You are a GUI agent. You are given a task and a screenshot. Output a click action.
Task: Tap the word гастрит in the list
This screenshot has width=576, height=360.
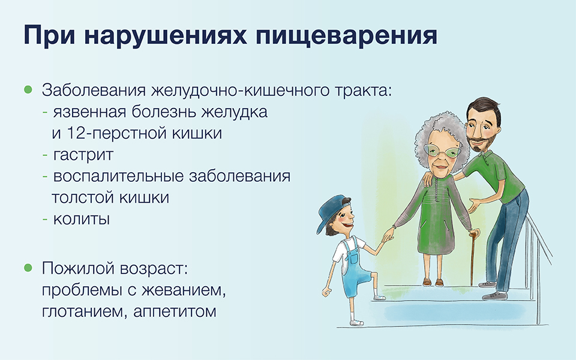[83, 155]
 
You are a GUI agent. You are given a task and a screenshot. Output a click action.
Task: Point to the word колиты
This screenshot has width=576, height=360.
[82, 220]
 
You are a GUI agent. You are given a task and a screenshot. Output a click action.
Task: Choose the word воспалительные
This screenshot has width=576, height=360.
[118, 176]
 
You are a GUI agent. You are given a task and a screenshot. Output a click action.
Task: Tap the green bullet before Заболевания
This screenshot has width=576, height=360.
[28, 89]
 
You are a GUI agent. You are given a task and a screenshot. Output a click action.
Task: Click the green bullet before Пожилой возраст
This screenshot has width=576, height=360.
[28, 268]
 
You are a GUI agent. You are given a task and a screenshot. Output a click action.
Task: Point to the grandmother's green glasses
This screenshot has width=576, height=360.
[442, 150]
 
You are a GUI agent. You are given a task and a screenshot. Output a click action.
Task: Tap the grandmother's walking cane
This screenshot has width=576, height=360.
[472, 257]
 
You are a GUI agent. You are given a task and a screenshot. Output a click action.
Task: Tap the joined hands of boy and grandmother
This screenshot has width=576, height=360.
[387, 235]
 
